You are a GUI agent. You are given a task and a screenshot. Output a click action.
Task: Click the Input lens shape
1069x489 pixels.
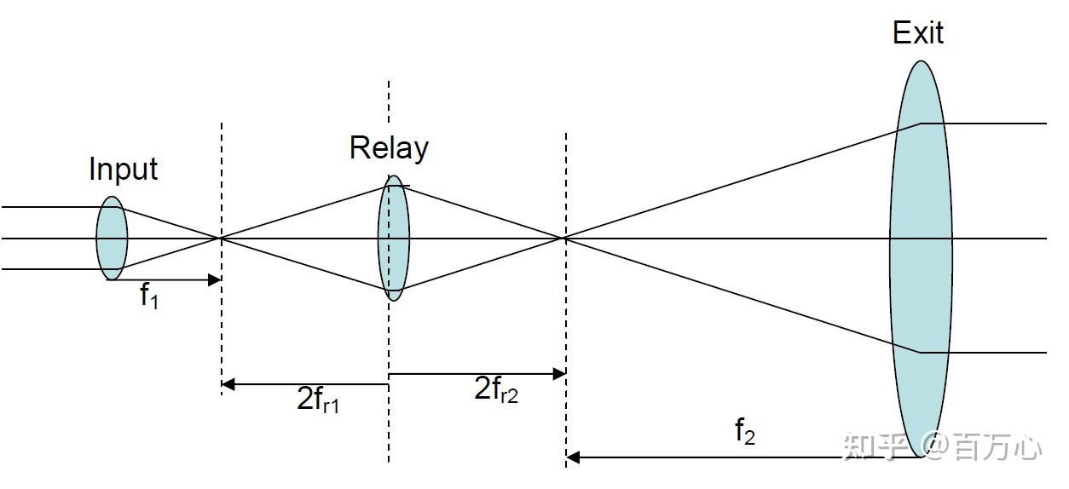(x=112, y=239)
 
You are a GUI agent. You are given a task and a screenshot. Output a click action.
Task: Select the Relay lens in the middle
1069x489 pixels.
(x=393, y=239)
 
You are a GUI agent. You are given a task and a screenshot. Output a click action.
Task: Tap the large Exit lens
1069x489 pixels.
(x=921, y=256)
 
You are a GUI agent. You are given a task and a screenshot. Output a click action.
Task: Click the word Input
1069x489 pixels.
(x=123, y=169)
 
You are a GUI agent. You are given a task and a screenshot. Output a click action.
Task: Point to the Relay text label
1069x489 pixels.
(x=389, y=148)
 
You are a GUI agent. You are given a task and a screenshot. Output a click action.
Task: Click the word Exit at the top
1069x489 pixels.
(x=918, y=33)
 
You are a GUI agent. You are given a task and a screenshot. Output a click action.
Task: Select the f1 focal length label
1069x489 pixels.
(x=149, y=296)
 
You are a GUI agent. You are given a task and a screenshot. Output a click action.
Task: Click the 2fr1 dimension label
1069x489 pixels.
(x=318, y=400)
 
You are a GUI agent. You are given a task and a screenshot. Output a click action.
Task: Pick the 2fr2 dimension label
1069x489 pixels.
(x=495, y=389)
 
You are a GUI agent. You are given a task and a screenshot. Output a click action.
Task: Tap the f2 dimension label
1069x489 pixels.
(x=744, y=433)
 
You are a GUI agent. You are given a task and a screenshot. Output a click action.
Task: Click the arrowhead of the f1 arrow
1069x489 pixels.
(x=216, y=279)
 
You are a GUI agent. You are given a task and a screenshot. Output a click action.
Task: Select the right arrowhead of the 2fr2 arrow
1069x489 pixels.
(x=559, y=373)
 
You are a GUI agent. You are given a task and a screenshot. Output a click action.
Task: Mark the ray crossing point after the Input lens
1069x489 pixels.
(x=222, y=239)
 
